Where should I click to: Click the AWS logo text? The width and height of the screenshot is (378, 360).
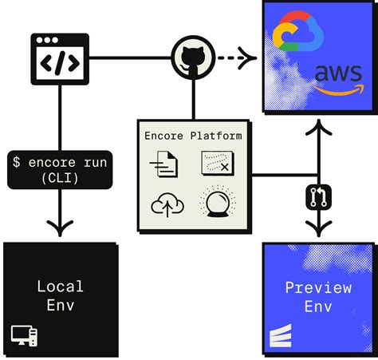click(337, 74)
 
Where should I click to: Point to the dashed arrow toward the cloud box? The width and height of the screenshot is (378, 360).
click(238, 57)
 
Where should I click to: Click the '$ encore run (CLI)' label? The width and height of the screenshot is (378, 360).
click(60, 170)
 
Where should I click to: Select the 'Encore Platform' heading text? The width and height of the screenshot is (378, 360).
click(193, 136)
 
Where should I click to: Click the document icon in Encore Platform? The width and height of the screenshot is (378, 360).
click(164, 166)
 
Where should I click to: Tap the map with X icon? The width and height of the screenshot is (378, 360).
click(218, 165)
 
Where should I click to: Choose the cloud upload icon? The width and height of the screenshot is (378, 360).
click(167, 205)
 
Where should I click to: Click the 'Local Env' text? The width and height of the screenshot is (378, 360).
click(60, 294)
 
